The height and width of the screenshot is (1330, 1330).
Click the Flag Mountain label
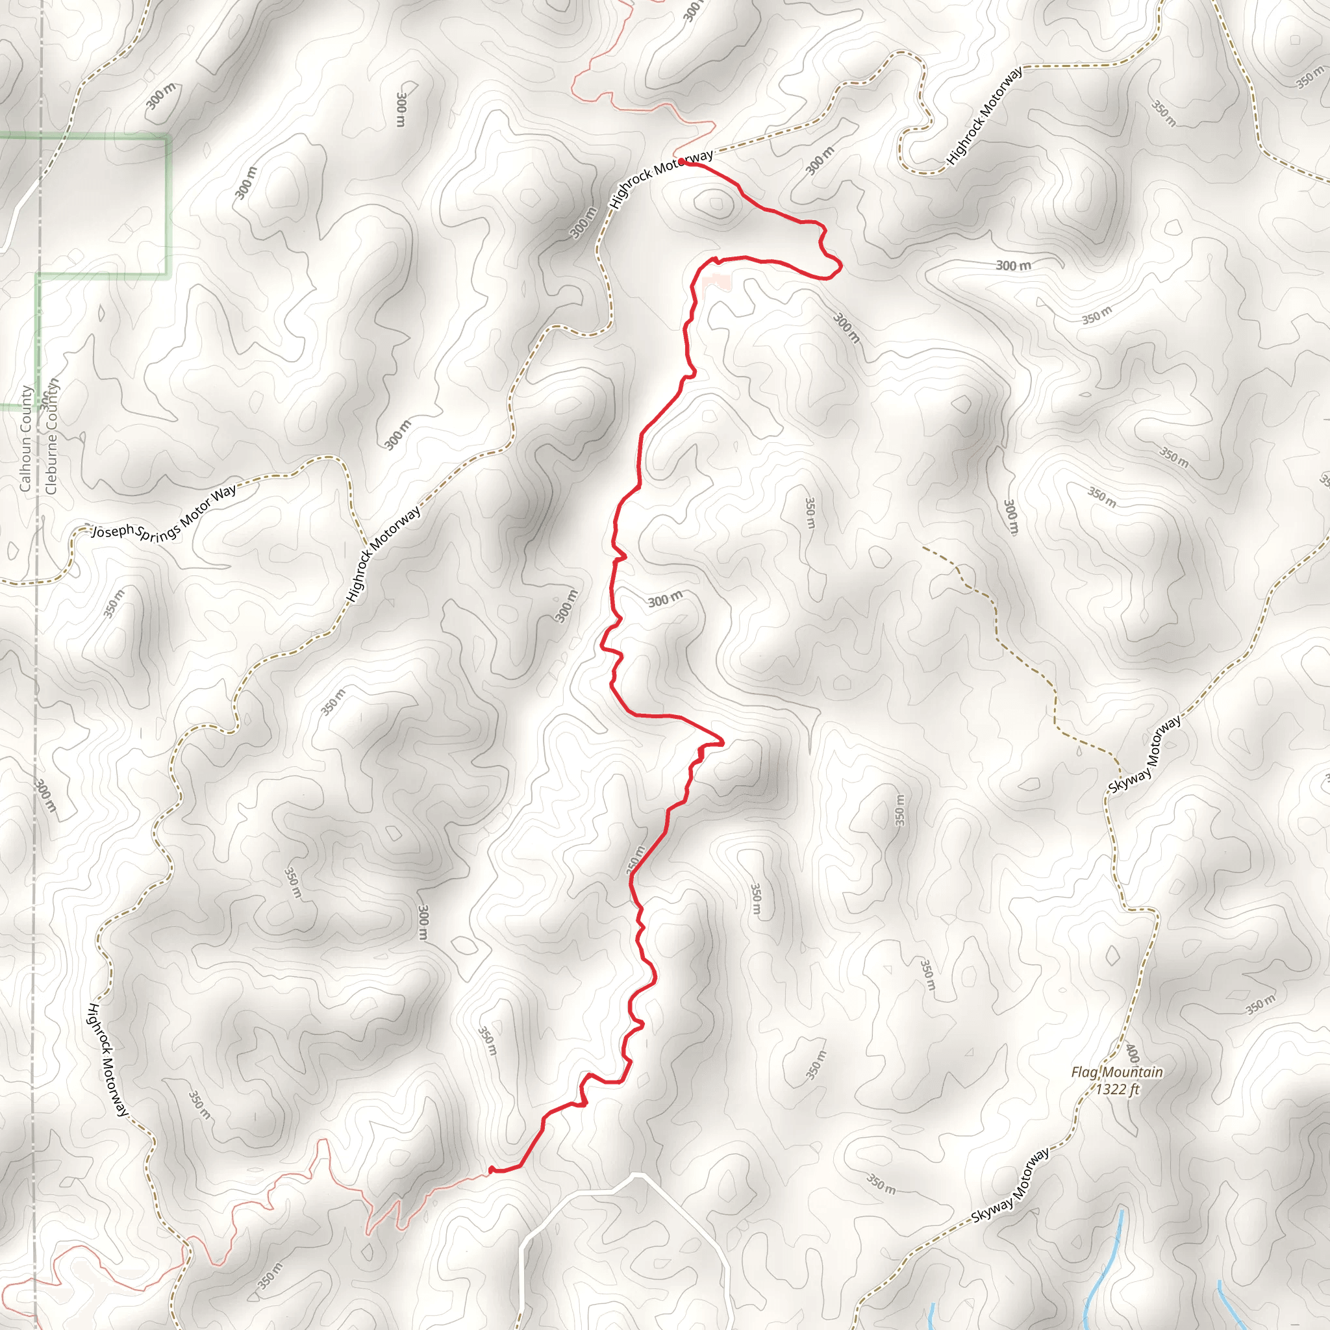click(1116, 1072)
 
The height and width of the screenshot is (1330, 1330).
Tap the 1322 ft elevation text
click(1118, 1089)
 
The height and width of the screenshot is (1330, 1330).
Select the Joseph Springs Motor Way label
click(164, 512)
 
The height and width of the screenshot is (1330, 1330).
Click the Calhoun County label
click(25, 438)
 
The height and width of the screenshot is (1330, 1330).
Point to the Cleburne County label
click(52, 436)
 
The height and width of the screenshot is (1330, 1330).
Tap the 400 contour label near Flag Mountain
click(1132, 1053)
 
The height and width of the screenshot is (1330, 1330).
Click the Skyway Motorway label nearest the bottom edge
click(1010, 1185)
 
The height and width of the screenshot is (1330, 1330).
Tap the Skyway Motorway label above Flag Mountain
click(1146, 755)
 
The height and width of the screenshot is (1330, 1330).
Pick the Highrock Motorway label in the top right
click(985, 116)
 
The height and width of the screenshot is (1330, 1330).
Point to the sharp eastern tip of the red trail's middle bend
click(723, 744)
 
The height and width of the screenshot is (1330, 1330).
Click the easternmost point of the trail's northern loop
click(841, 265)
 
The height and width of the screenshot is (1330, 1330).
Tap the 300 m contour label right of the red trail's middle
click(665, 599)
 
